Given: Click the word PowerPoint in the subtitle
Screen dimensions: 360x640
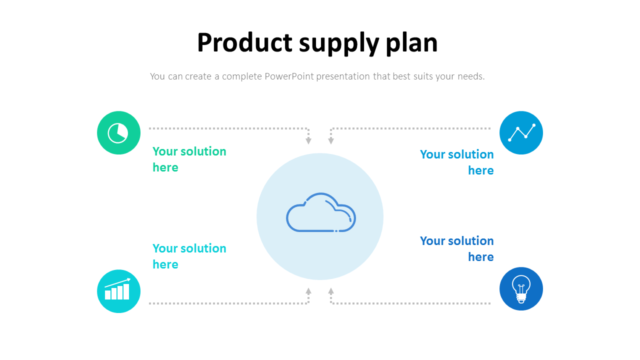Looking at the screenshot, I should point(289,76).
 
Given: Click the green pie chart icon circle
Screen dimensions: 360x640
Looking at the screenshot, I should point(118,133).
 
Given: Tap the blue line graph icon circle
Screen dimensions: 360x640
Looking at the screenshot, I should point(521,133).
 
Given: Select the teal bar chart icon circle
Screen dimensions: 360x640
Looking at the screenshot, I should point(118,291).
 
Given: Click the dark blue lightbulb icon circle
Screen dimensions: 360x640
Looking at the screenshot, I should point(521,288).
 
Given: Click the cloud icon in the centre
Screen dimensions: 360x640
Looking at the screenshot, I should point(320,213).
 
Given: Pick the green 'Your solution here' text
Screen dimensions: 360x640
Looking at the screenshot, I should point(189,159).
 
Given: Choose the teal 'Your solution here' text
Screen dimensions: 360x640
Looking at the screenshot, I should point(189,256).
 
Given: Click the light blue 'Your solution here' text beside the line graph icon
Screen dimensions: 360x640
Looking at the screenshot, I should point(457,162).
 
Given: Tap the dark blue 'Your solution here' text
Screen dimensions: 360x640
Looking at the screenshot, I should point(457,248).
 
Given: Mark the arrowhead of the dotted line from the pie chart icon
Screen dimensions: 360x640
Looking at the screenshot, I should point(308,141).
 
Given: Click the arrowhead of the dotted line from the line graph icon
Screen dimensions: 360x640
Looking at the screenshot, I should point(331,141).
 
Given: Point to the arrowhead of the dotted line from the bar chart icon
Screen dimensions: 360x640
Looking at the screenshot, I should point(308,290).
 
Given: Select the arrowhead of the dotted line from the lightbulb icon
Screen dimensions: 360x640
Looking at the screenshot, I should point(331,290).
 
